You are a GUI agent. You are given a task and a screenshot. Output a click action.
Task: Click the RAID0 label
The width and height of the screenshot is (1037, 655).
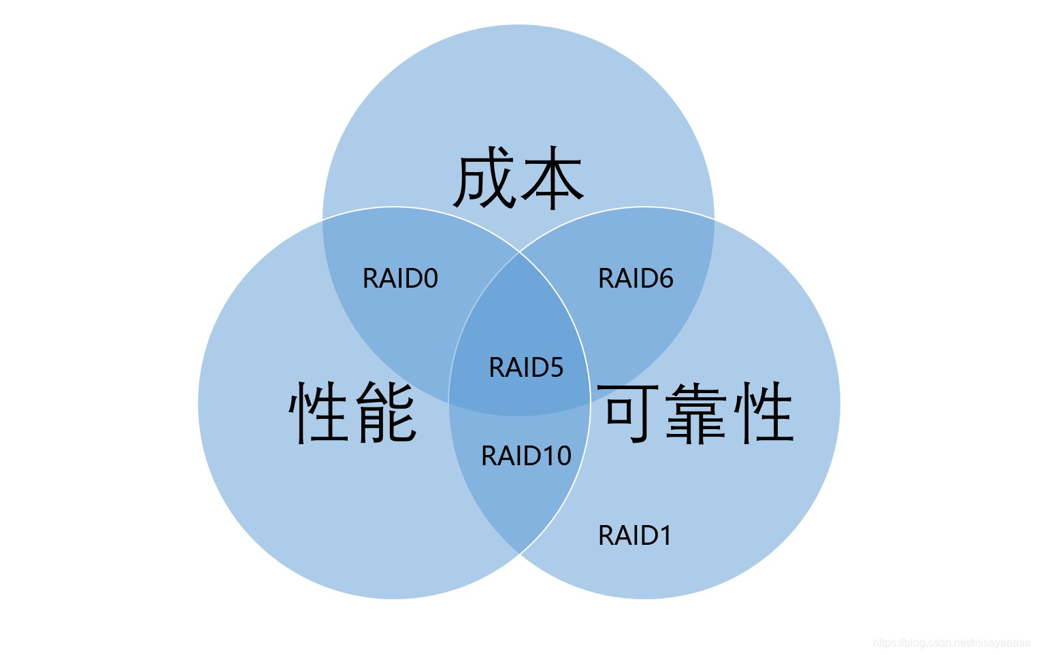pos(400,279)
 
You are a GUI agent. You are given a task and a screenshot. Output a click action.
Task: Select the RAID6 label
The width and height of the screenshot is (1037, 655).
pos(636,279)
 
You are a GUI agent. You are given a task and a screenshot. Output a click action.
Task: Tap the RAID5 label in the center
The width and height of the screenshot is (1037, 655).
pos(526,368)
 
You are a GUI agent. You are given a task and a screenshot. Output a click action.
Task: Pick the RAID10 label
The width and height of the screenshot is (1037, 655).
pos(526,456)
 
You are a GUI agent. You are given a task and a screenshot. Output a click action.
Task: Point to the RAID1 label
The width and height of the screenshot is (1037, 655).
pos(635,536)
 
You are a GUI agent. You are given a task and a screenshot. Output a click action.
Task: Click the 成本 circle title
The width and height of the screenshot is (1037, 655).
pos(518,179)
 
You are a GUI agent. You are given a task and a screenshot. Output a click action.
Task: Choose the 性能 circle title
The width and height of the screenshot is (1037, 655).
pos(352,412)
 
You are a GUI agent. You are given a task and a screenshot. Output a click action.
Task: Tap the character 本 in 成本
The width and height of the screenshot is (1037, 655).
pos(551,179)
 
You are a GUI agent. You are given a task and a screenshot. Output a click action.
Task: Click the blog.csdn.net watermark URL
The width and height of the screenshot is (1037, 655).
pos(951,643)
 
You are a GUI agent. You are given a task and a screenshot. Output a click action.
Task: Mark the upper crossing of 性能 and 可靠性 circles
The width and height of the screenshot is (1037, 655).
pos(520,252)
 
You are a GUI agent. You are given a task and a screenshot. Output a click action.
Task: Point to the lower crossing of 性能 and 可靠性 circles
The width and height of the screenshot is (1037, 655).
pos(520,554)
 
